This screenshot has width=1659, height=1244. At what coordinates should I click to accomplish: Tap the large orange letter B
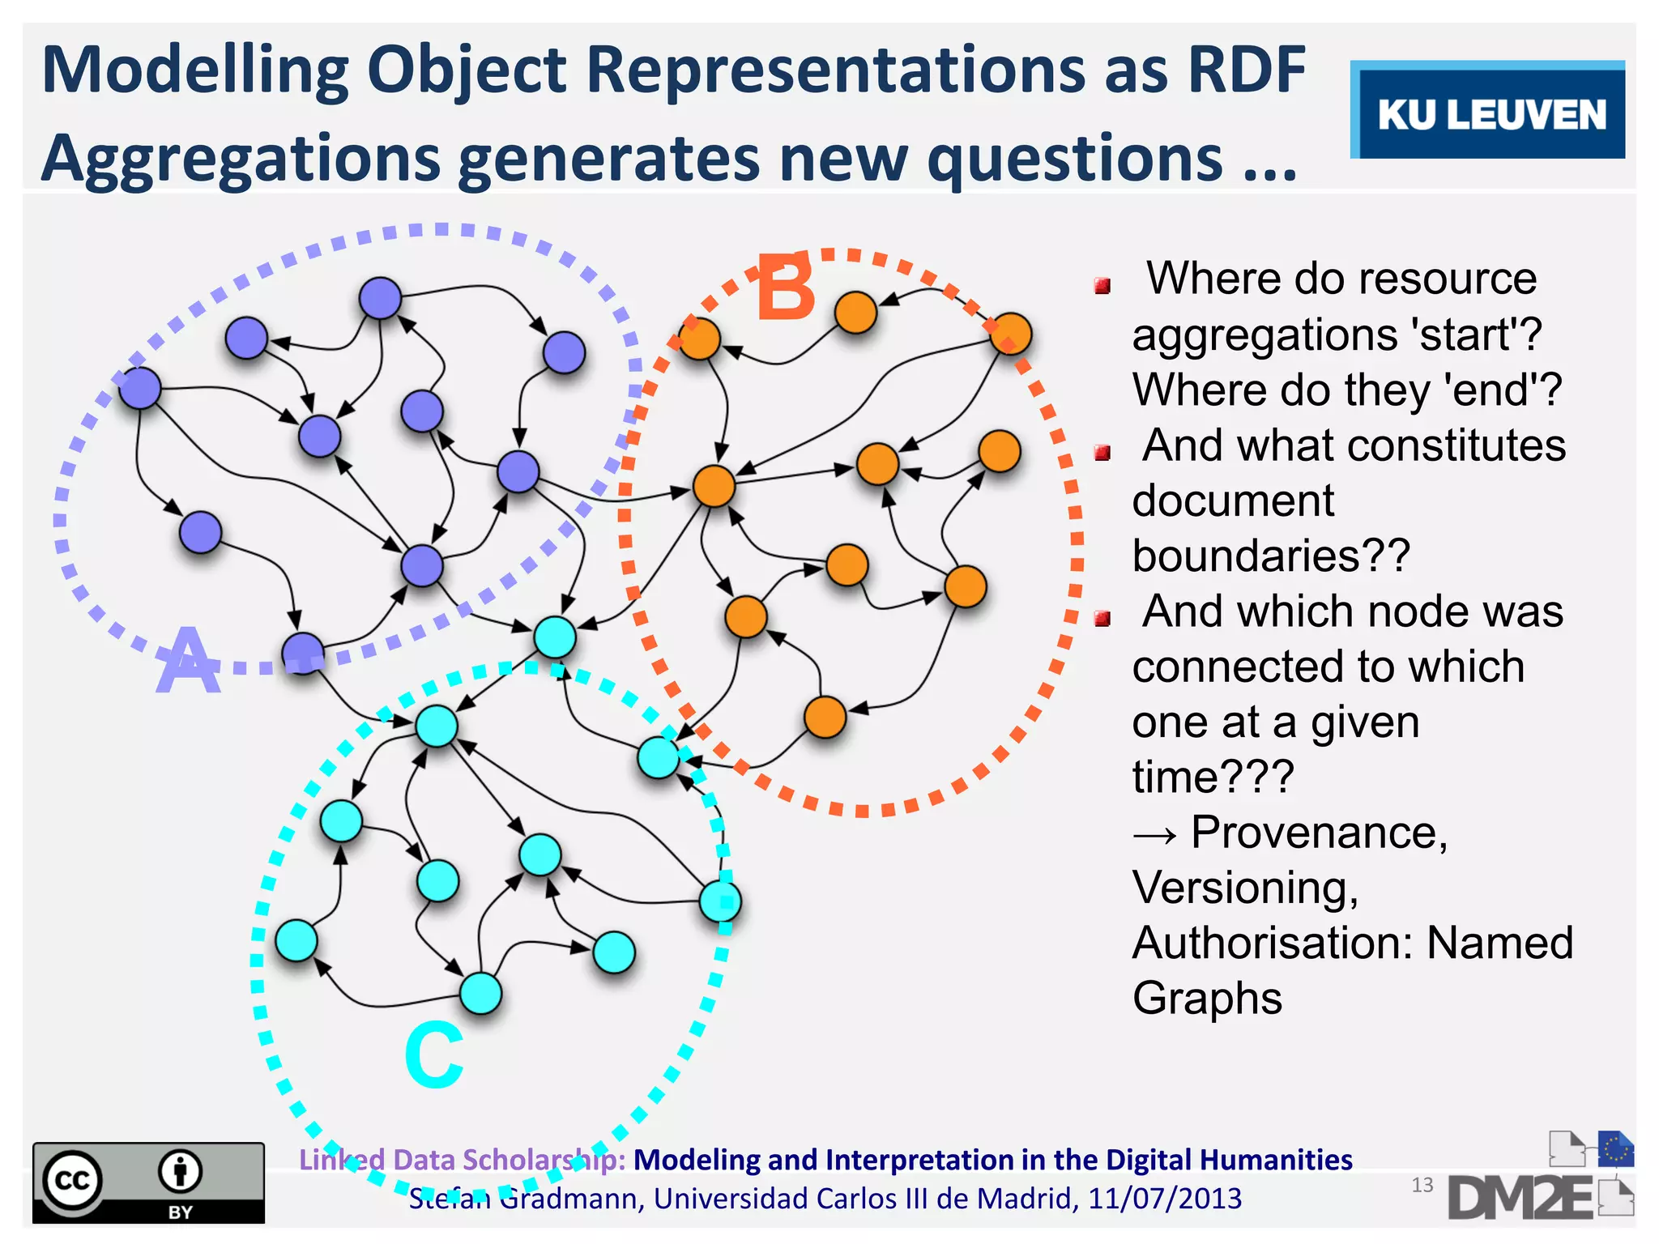[785, 288]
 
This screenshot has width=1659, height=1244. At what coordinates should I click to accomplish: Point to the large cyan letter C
[434, 1054]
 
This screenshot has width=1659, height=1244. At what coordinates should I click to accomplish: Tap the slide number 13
[1422, 1185]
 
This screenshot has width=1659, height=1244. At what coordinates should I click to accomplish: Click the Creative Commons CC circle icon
[72, 1180]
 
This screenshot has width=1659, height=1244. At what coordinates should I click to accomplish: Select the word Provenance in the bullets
[1319, 832]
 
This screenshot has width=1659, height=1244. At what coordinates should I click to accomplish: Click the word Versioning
[1245, 888]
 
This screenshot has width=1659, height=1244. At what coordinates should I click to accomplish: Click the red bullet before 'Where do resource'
[1102, 285]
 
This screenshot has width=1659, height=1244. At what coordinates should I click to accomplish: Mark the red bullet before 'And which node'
[1102, 619]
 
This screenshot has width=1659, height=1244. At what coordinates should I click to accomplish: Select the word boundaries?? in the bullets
[1271, 556]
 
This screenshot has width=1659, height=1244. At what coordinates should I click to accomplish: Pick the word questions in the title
[1074, 158]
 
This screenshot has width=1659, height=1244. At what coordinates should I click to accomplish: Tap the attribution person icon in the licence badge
[180, 1171]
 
